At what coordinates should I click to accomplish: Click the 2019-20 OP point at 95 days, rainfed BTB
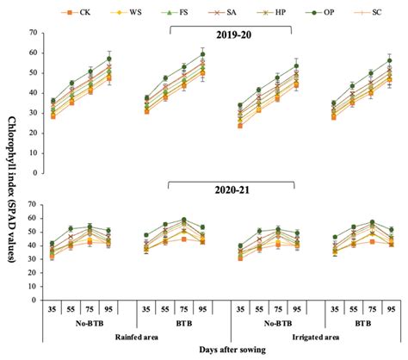click(x=203, y=54)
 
